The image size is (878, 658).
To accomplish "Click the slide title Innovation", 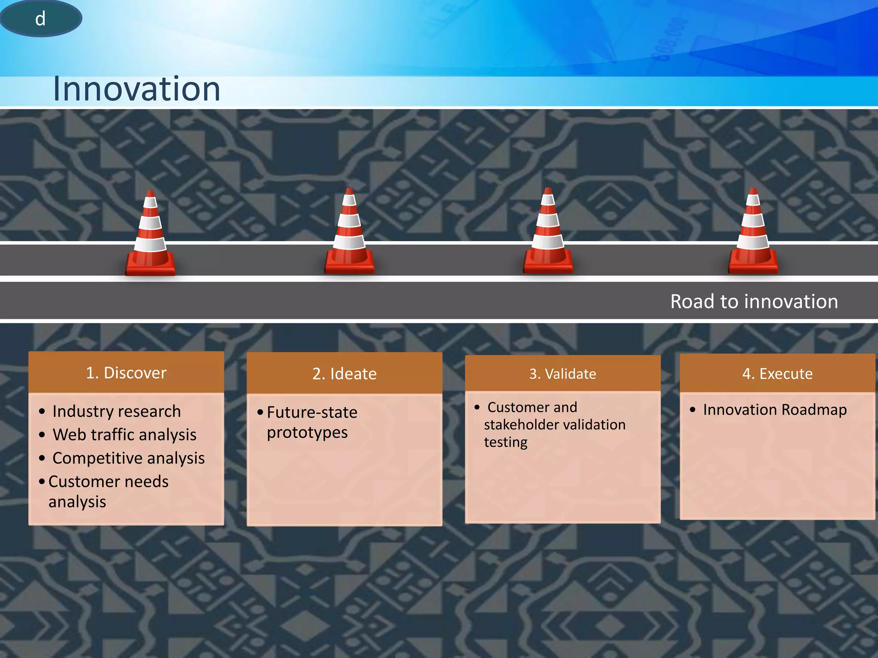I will (136, 89).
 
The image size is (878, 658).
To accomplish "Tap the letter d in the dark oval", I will (40, 19).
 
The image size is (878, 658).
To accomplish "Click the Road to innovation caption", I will (754, 301).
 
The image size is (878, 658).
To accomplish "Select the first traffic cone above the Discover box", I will (150, 236).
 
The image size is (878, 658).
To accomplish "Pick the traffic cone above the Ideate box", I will (349, 234).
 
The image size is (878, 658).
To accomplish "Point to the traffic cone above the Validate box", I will (548, 234).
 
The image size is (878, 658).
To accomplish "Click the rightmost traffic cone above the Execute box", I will (753, 234).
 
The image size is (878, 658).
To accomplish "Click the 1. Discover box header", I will (126, 373).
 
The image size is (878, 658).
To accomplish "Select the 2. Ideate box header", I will (344, 374).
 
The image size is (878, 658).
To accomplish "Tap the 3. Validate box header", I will (562, 374).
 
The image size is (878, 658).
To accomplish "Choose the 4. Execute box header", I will (777, 374).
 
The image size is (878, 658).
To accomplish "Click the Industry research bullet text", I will (117, 411).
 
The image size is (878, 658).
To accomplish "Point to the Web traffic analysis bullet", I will (124, 435).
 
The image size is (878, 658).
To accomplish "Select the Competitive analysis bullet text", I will (129, 458).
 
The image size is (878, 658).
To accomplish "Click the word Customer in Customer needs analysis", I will (78, 482).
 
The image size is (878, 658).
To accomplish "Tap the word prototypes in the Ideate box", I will (307, 433).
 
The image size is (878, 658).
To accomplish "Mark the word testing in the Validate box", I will (505, 442).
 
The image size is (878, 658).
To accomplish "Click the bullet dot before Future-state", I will (260, 412).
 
